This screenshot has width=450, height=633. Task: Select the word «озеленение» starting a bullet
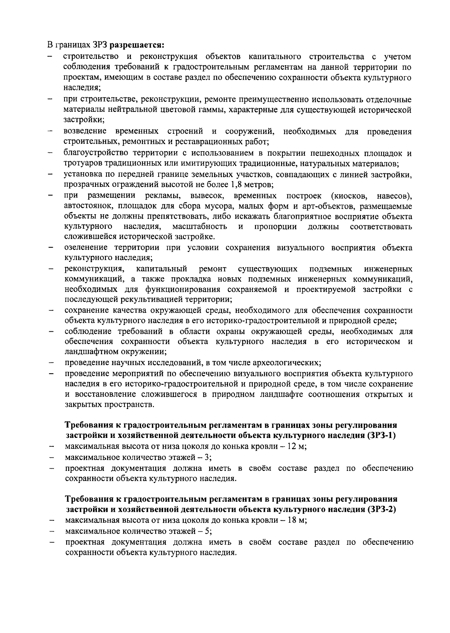[85, 248]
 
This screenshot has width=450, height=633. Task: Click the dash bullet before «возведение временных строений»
[50, 132]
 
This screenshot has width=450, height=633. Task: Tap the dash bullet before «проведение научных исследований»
[50, 363]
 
